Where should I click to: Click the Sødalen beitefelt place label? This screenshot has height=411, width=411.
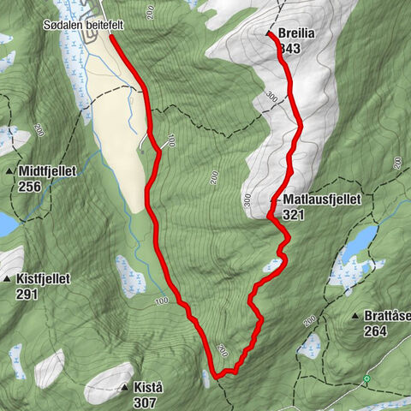coord(84,26)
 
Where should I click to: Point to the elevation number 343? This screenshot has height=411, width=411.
coord(289,49)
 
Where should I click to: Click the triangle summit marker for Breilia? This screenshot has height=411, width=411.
coord(269,34)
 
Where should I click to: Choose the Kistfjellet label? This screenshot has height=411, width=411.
coord(42,279)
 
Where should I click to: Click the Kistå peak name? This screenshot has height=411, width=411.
coord(147,388)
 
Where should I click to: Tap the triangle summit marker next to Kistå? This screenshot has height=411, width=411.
coord(126,388)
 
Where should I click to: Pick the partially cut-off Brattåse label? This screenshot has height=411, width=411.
coord(387,317)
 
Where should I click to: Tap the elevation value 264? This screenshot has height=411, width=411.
coord(375,331)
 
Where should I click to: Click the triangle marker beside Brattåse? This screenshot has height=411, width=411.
coord(355,317)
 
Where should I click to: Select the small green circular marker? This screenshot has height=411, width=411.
coord(366,378)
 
